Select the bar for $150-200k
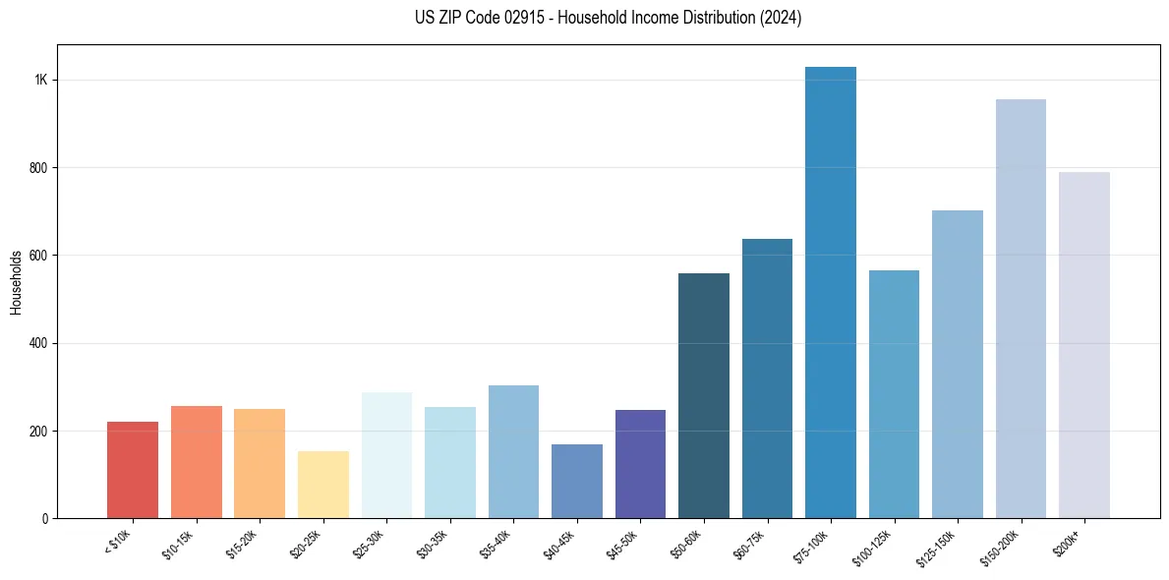tap(1021, 309)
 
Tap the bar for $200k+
tap(1084, 345)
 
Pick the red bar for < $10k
tap(133, 470)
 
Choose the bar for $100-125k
tap(894, 394)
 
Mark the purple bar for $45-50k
tap(640, 464)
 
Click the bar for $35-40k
tap(513, 451)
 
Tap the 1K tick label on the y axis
tap(40, 80)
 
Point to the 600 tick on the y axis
tap(37, 256)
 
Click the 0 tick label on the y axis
tap(45, 518)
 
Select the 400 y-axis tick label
tap(37, 343)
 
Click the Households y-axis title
tap(16, 282)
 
